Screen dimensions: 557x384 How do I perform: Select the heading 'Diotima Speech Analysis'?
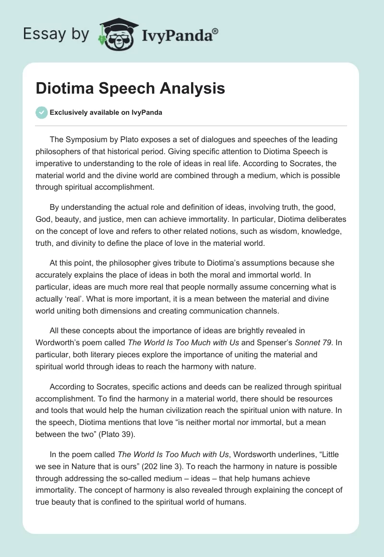[x=131, y=88]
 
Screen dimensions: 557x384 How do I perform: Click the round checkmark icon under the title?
[x=41, y=112]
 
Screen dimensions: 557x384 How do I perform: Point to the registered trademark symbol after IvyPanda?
[x=216, y=30]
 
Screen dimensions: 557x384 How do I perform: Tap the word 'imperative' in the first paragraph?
[x=54, y=164]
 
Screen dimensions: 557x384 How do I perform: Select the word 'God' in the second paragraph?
[x=43, y=219]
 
